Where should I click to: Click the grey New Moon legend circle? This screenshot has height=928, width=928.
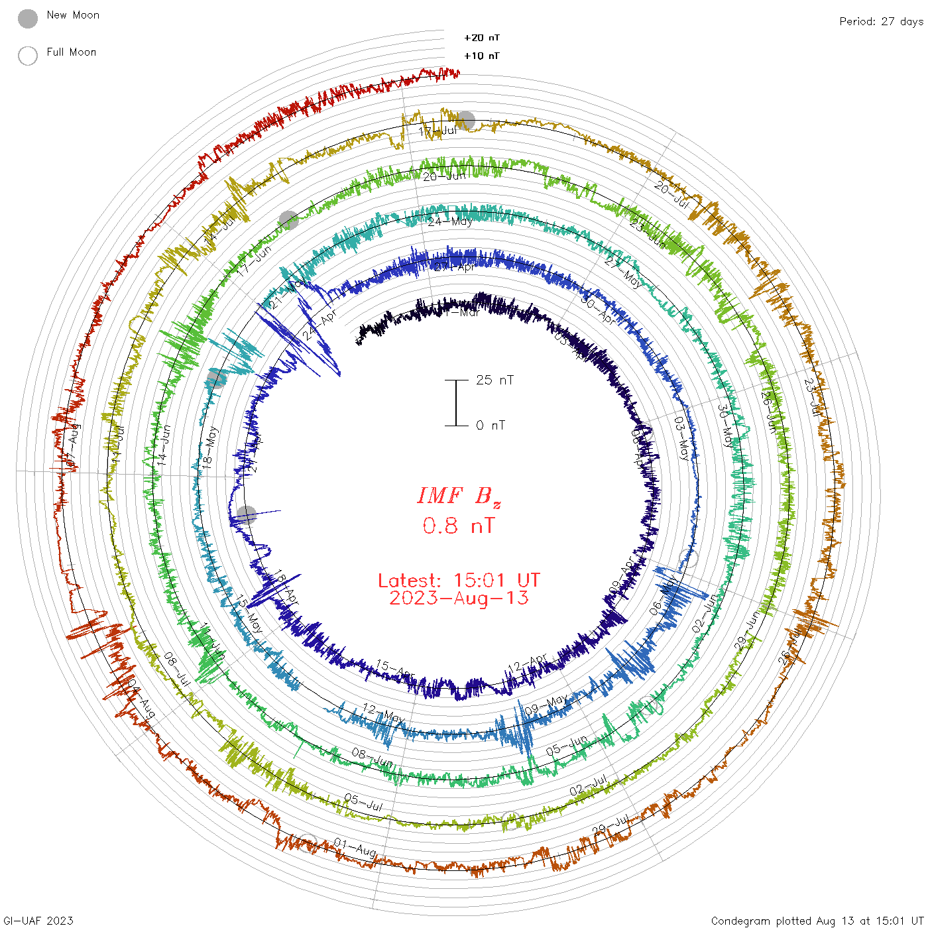pyautogui.click(x=28, y=19)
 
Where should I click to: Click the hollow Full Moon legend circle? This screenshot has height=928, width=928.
pyautogui.click(x=28, y=56)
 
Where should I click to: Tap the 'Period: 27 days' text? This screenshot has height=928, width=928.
pyautogui.click(x=881, y=22)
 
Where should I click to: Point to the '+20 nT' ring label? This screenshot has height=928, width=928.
pyautogui.click(x=482, y=38)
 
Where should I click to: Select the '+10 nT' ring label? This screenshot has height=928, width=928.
pyautogui.click(x=482, y=56)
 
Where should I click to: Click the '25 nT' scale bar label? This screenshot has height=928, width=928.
pyautogui.click(x=494, y=380)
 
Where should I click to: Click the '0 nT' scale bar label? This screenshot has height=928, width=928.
pyautogui.click(x=491, y=426)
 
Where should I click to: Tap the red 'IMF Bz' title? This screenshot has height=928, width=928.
pyautogui.click(x=459, y=496)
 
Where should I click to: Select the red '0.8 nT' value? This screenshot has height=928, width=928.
pyautogui.click(x=459, y=526)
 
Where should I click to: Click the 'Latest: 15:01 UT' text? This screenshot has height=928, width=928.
pyautogui.click(x=459, y=581)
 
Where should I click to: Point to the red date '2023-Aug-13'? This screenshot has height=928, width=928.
pyautogui.click(x=459, y=598)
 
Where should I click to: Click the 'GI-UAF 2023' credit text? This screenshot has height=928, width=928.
pyautogui.click(x=37, y=921)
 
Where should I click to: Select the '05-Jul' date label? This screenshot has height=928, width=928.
pyautogui.click(x=363, y=801)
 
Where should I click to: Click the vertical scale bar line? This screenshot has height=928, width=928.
pyautogui.click(x=456, y=403)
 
